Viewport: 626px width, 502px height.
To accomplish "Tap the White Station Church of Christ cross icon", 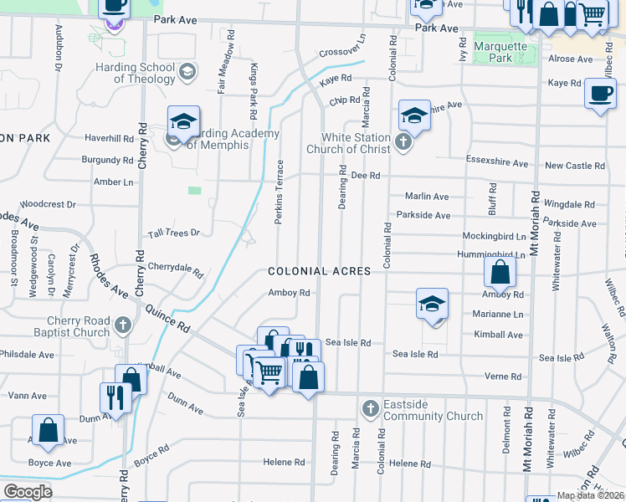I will (403, 141).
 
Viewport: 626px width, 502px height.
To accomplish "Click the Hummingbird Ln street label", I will (491, 254).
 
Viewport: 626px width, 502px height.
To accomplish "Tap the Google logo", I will (28, 491).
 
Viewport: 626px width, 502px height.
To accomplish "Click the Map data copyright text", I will (589, 495).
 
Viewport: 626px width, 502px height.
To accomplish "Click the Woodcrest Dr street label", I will (48, 203).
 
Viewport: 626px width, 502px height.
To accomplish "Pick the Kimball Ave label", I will (498, 335).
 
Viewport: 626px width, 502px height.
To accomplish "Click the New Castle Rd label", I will (574, 166).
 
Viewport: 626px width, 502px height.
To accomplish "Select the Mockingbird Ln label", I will (494, 237).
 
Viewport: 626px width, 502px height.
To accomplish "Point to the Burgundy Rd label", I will (107, 160).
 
